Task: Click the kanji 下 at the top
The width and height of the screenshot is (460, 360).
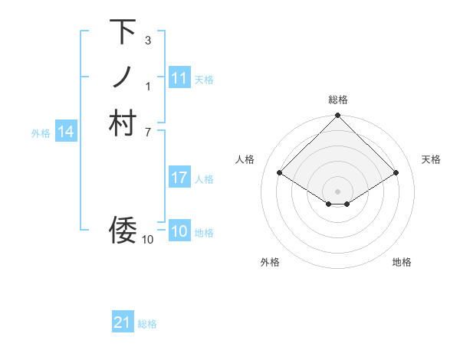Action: pos(123,33)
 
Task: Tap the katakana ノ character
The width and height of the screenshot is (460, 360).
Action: pos(123,77)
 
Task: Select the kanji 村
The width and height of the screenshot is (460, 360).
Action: pos(123,123)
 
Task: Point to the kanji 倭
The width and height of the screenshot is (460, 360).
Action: pos(123,228)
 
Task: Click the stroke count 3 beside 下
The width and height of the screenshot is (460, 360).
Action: pos(147,40)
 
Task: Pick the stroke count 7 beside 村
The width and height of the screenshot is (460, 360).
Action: pos(147,132)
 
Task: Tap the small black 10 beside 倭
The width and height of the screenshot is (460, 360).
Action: pos(147,240)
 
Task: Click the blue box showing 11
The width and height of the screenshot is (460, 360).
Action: pos(179,78)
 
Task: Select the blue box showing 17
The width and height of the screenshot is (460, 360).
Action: pos(179,178)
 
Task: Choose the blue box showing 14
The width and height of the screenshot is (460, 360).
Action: pos(66,132)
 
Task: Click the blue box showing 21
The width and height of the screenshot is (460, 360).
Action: pos(123,322)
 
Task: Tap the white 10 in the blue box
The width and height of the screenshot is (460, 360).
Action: pos(179,231)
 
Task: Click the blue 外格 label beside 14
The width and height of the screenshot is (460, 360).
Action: pos(41,133)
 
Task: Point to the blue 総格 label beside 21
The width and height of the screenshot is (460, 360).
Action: pos(147,324)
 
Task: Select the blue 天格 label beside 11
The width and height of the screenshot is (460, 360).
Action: pos(204,79)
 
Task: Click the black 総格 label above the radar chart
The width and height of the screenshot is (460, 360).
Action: pos(337,100)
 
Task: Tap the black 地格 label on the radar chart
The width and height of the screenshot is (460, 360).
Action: pos(402,263)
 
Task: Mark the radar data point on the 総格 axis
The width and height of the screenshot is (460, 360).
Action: pos(337,116)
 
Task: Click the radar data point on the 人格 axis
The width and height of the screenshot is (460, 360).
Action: pos(281,173)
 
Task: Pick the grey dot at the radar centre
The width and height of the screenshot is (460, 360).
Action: pos(337,191)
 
